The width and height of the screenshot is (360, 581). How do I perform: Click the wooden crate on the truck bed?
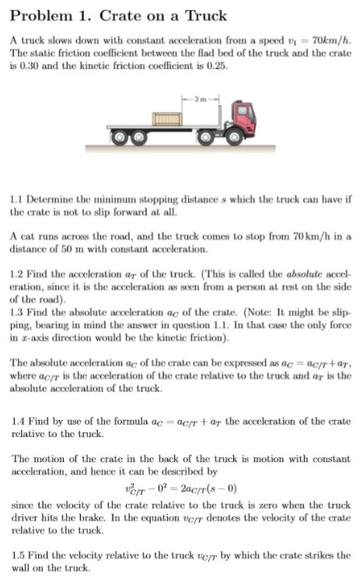click(x=166, y=119)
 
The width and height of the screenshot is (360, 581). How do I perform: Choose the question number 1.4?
click(x=19, y=421)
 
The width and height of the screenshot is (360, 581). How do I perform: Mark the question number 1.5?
click(x=19, y=555)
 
